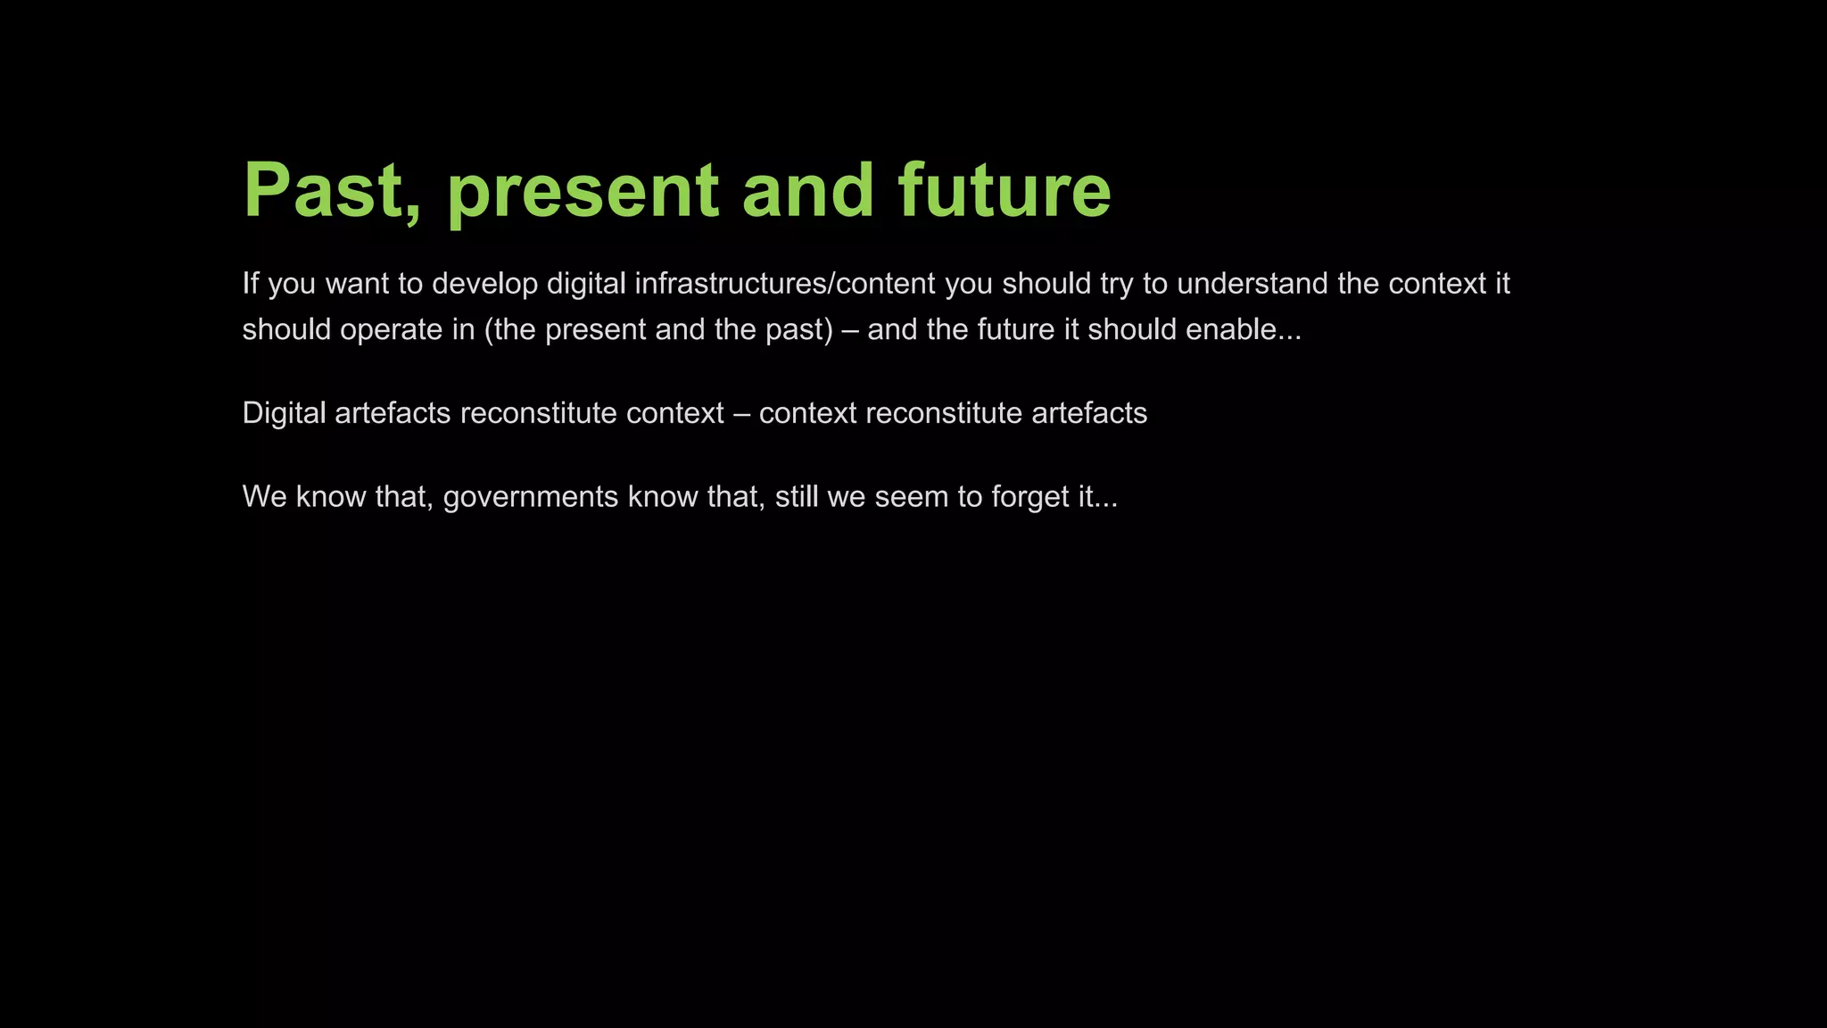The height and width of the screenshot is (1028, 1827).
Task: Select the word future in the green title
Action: [1004, 190]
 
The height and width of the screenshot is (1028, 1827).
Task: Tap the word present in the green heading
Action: [582, 190]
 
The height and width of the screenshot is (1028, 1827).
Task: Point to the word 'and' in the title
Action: [807, 190]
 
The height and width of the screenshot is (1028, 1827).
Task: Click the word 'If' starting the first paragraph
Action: [251, 284]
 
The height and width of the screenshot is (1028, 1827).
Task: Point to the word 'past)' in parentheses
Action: [798, 329]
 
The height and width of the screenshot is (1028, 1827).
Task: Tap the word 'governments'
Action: [530, 496]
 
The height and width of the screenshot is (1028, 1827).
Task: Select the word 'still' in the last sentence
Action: [796, 496]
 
